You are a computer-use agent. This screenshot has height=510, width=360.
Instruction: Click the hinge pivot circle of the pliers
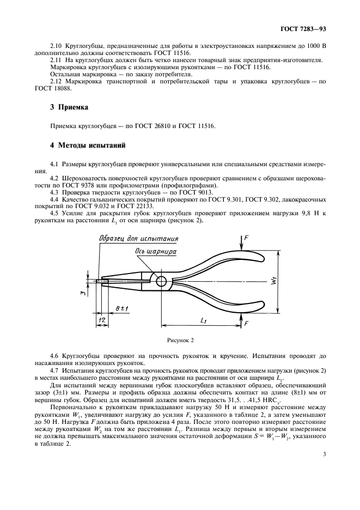[x=162, y=281]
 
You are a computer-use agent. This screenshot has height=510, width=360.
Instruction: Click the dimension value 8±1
[x=122, y=309]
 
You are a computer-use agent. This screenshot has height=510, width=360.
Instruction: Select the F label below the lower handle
[x=245, y=324]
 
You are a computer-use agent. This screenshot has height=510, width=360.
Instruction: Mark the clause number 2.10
[x=56, y=47]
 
